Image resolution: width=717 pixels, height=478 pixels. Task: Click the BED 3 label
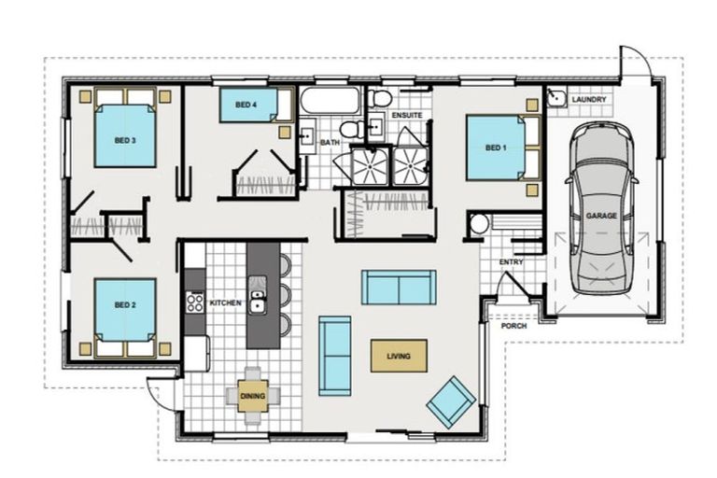[125, 140]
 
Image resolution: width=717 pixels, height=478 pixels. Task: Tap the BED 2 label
[125, 304]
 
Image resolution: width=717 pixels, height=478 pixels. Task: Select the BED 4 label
[246, 105]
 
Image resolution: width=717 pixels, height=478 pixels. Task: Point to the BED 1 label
[496, 148]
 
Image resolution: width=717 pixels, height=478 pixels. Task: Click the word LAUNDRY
[589, 99]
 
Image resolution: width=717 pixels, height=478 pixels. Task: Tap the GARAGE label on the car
[601, 216]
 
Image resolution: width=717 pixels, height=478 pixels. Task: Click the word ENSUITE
[407, 115]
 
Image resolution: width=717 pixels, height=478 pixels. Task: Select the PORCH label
[514, 326]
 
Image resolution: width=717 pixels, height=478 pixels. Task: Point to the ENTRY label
[511, 262]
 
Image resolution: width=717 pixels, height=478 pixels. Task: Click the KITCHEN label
[226, 302]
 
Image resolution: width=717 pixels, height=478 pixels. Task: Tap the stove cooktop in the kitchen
[195, 302]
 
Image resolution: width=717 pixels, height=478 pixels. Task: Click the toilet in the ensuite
[379, 98]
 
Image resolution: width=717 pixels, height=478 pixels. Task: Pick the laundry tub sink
[556, 97]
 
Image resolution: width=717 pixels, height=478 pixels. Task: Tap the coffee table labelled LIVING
[399, 356]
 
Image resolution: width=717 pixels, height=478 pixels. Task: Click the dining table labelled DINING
[253, 396]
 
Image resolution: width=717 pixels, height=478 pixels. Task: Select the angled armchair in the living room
[451, 402]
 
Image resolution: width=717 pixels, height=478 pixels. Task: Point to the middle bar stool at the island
[285, 295]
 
